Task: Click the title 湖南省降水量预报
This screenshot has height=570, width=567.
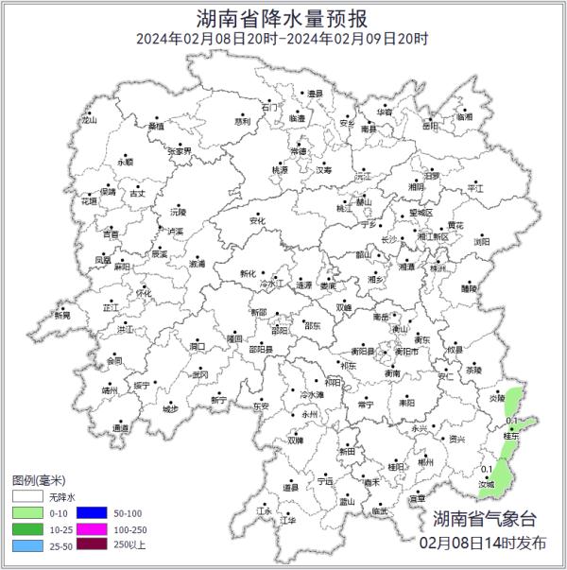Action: (283, 17)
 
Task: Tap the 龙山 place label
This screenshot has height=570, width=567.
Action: (90, 120)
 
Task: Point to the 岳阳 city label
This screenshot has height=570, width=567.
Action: (431, 124)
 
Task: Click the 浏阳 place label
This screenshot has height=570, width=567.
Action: (482, 240)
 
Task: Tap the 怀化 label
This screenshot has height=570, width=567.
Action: (143, 292)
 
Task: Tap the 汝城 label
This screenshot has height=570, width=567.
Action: (486, 483)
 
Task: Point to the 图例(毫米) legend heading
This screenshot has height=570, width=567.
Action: (39, 479)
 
